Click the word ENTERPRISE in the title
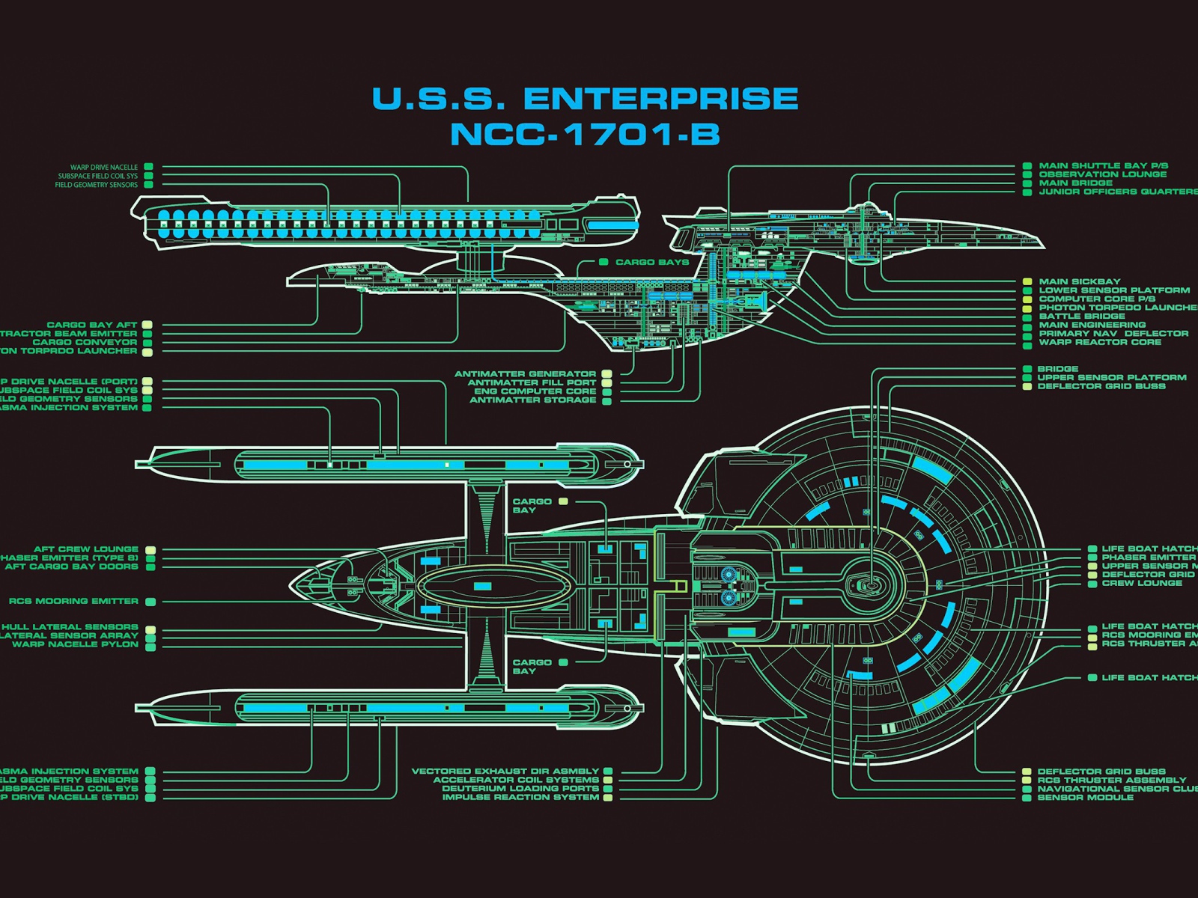pos(660,99)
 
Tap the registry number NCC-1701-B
pos(585,135)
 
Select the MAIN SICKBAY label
pos(1079,281)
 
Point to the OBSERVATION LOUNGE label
pos(1102,174)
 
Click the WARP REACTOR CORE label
pos(1100,342)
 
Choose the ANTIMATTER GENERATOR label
pos(525,373)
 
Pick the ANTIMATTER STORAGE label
pos(532,400)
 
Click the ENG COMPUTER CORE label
pos(535,391)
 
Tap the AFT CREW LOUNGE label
pos(85,549)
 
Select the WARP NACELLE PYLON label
pos(75,644)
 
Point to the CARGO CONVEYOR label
pos(85,342)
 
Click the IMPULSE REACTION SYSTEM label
pos(520,797)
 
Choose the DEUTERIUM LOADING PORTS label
pos(520,788)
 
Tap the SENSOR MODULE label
pos(1085,797)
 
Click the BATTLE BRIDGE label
pos(1082,316)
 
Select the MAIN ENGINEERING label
pos(1092,325)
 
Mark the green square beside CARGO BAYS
pos(603,262)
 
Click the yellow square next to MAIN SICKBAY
pos(1028,282)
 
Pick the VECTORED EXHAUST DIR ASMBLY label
pos(505,771)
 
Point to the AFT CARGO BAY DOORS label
pos(71,566)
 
